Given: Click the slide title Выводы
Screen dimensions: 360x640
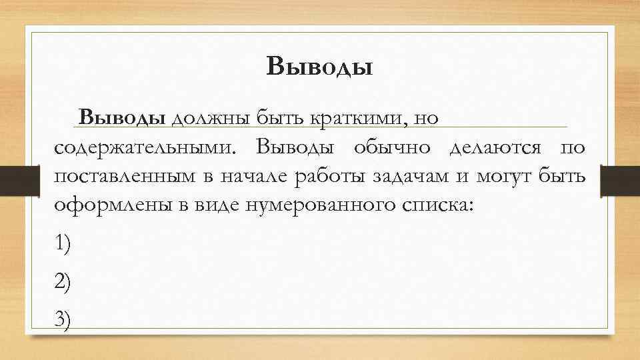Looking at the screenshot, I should click(x=319, y=67).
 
